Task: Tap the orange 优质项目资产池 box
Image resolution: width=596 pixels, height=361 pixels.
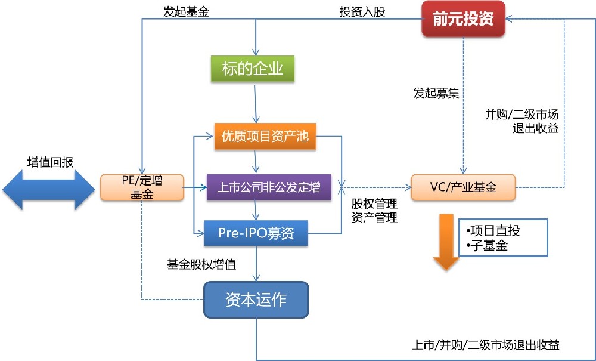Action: (x=265, y=137)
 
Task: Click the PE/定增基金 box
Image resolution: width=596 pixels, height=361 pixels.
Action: (x=141, y=187)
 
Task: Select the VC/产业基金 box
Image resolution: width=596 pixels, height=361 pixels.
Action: (x=463, y=187)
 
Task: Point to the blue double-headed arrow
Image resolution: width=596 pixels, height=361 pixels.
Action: (x=49, y=188)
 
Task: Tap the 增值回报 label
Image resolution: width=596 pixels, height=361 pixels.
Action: (x=51, y=162)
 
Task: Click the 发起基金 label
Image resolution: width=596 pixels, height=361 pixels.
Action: (x=186, y=11)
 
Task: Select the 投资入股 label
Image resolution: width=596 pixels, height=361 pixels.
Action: (x=362, y=11)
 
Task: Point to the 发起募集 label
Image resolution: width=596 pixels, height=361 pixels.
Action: (x=436, y=94)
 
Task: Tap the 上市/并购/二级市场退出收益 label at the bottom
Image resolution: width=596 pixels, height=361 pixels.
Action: (x=486, y=344)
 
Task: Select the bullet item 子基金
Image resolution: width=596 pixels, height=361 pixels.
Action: (x=486, y=245)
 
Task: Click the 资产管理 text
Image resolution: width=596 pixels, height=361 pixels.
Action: (x=374, y=217)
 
